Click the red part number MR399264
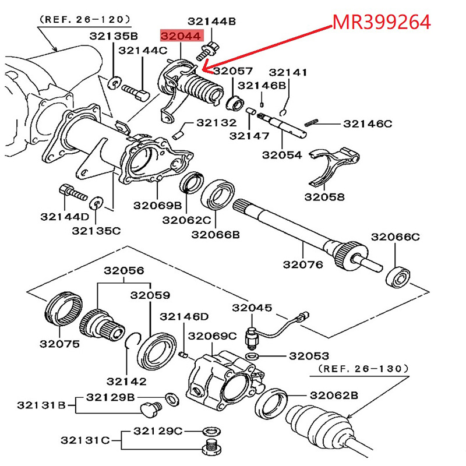[x=381, y=22]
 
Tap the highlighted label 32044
[x=182, y=36]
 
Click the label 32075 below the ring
[x=59, y=344]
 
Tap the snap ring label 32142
[x=126, y=381]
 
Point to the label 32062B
[x=333, y=395]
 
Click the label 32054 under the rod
[x=282, y=155]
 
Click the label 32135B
[x=114, y=36]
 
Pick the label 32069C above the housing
[x=212, y=336]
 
